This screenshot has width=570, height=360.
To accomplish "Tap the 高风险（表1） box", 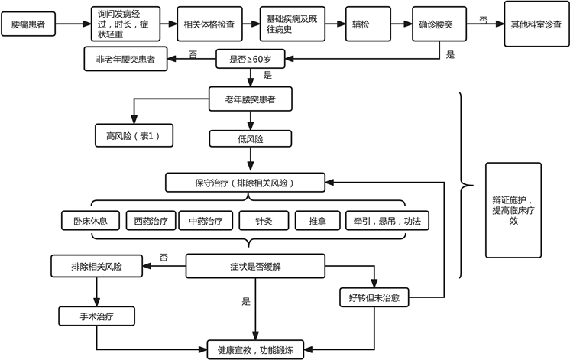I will [134, 135].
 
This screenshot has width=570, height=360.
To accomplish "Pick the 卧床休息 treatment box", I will [85, 221].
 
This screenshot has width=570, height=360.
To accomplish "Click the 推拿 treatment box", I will [317, 221].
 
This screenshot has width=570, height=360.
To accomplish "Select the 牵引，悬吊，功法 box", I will [387, 221].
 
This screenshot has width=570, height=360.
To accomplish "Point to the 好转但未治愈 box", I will [373, 298].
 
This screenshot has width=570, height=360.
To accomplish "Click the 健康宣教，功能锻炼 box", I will [255, 349].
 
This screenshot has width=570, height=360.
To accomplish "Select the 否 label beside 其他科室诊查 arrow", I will [483, 18].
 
